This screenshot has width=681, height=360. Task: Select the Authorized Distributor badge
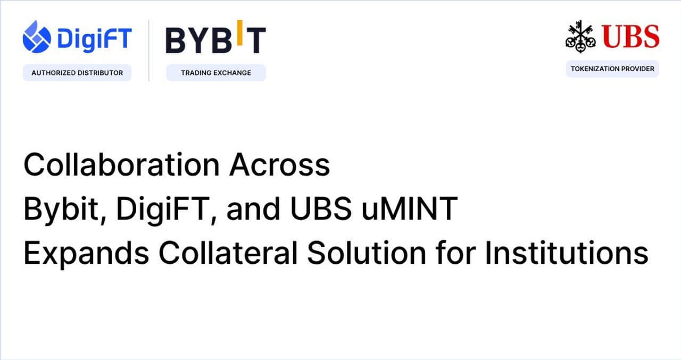click(x=77, y=72)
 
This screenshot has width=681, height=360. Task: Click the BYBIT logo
click(x=215, y=40)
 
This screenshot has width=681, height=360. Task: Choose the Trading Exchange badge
click(x=215, y=72)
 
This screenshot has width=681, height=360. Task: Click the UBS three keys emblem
click(x=580, y=36)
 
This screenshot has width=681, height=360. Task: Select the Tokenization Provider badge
click(x=612, y=69)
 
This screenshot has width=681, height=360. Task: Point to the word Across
click(x=280, y=165)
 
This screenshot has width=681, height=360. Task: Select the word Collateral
click(x=228, y=253)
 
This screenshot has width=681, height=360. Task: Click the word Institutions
click(x=566, y=253)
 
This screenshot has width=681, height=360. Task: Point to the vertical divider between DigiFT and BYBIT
click(x=148, y=51)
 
